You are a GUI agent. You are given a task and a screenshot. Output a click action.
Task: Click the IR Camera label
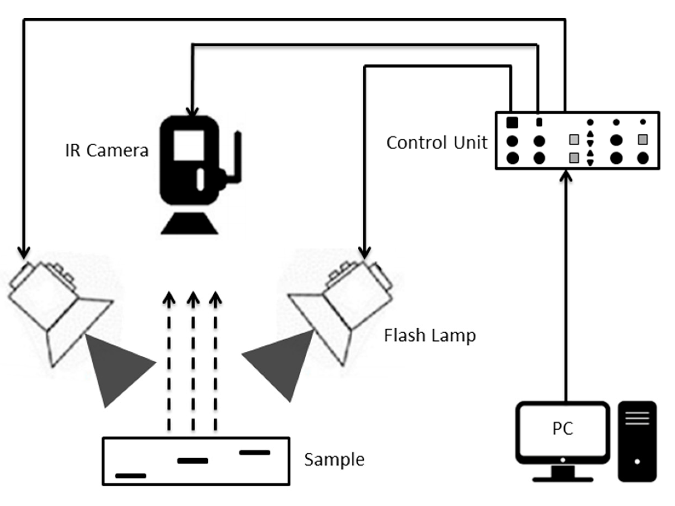pos(107,150)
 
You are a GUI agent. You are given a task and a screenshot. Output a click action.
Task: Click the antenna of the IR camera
pos(238,156)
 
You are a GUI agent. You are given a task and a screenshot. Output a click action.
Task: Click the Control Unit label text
pos(437,143)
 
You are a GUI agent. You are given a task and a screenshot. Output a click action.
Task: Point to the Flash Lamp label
pos(430,335)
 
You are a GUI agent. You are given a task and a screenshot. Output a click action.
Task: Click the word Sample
pos(334,459)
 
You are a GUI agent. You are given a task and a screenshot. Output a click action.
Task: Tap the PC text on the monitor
pos(563,429)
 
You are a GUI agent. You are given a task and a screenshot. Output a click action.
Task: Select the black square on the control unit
pos(512,122)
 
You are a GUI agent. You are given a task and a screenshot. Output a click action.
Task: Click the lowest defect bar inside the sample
pos(131,476)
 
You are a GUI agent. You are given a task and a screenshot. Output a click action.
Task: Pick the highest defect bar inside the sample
pos(255,452)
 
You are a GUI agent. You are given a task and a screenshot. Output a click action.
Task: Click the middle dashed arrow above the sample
pos(193,360)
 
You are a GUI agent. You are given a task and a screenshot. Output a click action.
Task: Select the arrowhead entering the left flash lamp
pos(24,253)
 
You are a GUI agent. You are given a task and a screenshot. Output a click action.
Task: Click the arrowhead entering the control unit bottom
pos(566,176)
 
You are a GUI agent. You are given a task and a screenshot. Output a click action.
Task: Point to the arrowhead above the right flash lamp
pos(364,253)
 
